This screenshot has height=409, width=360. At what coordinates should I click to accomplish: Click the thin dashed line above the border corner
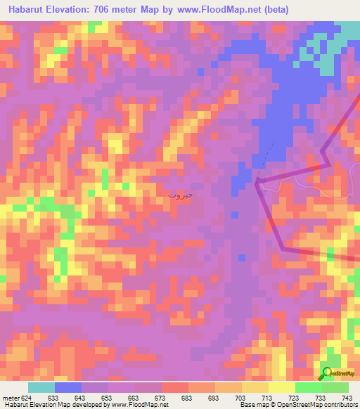pos(264,163)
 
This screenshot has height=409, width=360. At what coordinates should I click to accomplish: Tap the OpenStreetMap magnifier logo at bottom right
pos(326,373)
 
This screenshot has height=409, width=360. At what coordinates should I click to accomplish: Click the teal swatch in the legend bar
pos(41,387)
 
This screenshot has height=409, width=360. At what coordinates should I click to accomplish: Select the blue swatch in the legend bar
pos(68,387)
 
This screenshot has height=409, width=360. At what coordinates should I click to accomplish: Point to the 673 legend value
pos(162,397)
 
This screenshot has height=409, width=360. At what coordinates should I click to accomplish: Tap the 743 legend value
pos(347,397)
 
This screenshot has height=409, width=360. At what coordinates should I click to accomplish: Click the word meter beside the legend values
pos(11,397)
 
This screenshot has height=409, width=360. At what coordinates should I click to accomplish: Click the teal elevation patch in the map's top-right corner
pos(349,32)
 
